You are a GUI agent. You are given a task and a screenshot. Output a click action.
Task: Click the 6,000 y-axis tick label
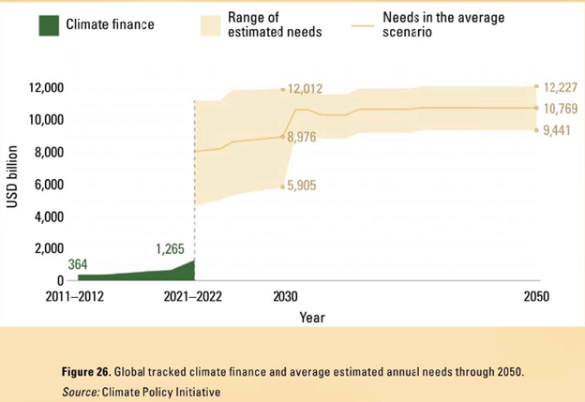click(x=45, y=185)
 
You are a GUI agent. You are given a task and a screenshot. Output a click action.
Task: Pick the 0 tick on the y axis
click(x=59, y=280)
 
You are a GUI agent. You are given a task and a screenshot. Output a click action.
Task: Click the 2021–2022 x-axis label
click(x=193, y=297)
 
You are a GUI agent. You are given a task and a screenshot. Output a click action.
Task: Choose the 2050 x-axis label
click(x=536, y=297)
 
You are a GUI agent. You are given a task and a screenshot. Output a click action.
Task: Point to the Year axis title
click(x=312, y=318)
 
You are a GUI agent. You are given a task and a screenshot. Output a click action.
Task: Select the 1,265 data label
click(x=170, y=248)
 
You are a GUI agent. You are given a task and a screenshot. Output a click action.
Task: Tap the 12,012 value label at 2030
click(x=305, y=90)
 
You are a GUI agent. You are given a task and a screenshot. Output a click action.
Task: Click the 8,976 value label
click(x=303, y=138)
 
